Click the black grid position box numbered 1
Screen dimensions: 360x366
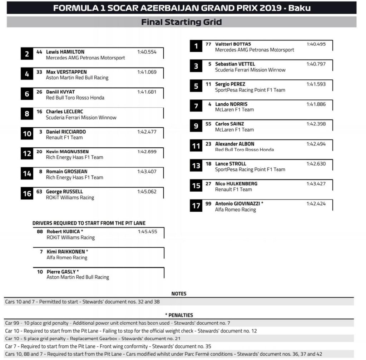click(196, 46)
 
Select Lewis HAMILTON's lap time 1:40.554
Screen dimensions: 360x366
click(147, 52)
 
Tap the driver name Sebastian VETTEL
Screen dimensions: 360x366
click(235, 64)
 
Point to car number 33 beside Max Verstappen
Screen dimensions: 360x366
click(39, 72)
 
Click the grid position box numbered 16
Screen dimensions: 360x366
click(27, 194)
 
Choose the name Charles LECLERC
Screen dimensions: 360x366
click(64, 112)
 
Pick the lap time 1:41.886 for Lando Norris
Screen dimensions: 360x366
click(316, 104)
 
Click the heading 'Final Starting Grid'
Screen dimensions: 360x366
click(182, 22)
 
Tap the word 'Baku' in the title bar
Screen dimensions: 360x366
click(297, 8)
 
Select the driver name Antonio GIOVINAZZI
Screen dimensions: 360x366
click(238, 203)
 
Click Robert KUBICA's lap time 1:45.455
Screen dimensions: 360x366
click(147, 232)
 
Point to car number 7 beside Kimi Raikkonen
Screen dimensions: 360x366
click(42, 252)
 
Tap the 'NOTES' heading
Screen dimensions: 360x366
click(179, 294)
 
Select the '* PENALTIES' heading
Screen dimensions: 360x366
click(179, 315)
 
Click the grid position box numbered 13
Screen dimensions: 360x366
click(196, 166)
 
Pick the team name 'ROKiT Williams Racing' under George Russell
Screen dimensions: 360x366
click(70, 197)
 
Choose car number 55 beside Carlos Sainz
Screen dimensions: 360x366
click(208, 124)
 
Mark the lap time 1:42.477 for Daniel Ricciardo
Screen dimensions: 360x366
click(147, 132)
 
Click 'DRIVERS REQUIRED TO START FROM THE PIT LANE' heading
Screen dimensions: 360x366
click(89, 223)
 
